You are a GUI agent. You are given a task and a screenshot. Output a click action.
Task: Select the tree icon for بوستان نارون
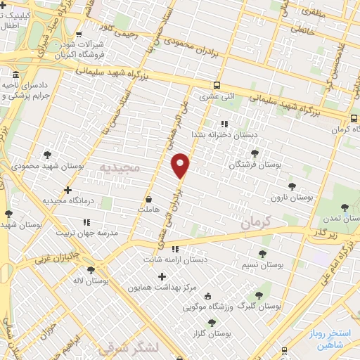[x=292, y=186]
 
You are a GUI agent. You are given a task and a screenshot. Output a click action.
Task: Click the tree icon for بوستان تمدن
[x=345, y=207]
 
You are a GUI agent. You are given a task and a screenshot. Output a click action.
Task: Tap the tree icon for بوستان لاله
[x=89, y=269]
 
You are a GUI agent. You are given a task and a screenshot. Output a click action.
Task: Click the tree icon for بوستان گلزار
[x=212, y=323]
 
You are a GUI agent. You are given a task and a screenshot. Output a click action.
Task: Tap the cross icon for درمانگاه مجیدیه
[x=67, y=190]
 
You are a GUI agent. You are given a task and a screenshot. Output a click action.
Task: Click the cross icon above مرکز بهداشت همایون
[x=162, y=276]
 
